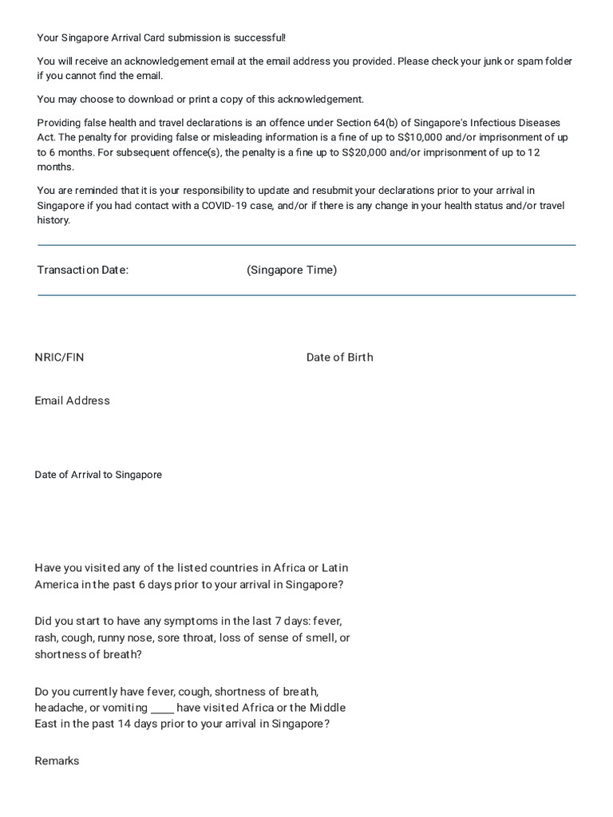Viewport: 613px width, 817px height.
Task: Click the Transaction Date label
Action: click(82, 270)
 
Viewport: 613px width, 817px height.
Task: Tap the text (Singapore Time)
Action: click(291, 270)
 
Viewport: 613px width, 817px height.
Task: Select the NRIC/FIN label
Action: click(59, 357)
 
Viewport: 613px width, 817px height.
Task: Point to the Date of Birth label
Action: click(339, 357)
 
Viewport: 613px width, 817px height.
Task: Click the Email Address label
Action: click(72, 401)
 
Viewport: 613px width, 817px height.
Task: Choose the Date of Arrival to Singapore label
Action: click(98, 475)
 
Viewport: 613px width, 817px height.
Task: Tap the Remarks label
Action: click(57, 761)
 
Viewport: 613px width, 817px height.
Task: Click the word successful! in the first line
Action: click(257, 37)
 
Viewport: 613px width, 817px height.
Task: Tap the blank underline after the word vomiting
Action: click(162, 708)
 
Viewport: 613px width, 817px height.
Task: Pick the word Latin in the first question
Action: click(334, 568)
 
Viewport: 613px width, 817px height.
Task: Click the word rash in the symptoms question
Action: click(46, 637)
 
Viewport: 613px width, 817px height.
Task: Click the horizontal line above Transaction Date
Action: click(306, 245)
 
